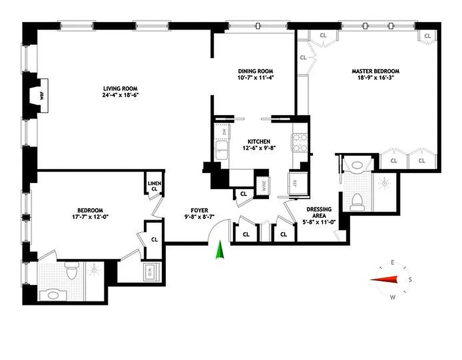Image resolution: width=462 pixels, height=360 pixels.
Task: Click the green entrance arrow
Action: (x=220, y=251)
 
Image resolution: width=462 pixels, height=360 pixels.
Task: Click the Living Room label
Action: (x=120, y=88)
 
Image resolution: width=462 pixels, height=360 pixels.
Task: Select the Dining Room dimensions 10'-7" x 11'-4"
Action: (x=256, y=77)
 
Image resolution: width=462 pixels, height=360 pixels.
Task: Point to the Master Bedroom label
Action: (x=375, y=71)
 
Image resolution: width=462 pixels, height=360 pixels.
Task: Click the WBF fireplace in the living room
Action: (x=42, y=96)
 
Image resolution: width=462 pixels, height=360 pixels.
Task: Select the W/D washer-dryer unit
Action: (x=149, y=271)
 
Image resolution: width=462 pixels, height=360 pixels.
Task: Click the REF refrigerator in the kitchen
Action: (x=294, y=183)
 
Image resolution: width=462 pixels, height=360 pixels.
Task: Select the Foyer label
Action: (x=199, y=210)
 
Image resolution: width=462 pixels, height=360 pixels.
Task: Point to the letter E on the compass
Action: (x=393, y=262)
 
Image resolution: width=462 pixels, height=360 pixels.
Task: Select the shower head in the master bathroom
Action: (x=385, y=183)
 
